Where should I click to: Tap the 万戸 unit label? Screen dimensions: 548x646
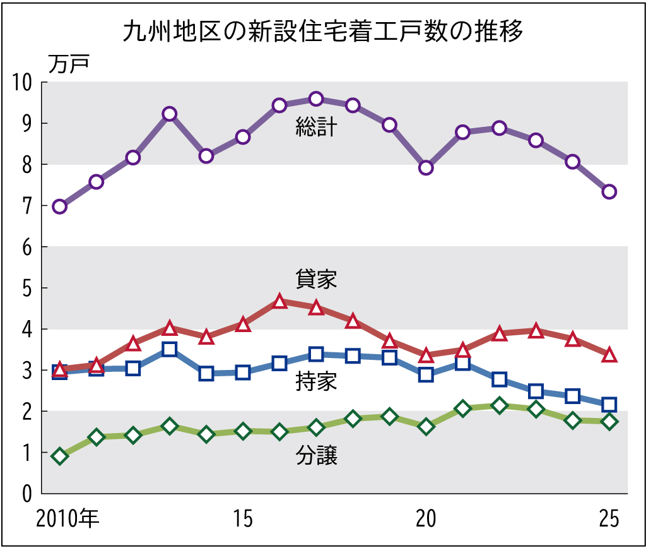(69, 63)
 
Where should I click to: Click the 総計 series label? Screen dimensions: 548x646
(317, 128)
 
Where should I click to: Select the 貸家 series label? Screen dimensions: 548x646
(317, 279)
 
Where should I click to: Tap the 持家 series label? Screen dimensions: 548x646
(317, 382)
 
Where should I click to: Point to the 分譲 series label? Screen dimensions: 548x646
(317, 456)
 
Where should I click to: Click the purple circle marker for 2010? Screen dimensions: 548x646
(60, 206)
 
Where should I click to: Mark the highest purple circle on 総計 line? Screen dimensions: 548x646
(316, 98)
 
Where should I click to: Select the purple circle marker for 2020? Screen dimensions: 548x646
(426, 167)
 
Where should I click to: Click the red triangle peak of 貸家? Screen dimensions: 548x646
(280, 302)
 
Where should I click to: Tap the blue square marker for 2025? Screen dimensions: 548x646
(609, 404)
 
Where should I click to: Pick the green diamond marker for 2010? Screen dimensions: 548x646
(60, 456)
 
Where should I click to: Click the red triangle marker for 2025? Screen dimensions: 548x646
(609, 355)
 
